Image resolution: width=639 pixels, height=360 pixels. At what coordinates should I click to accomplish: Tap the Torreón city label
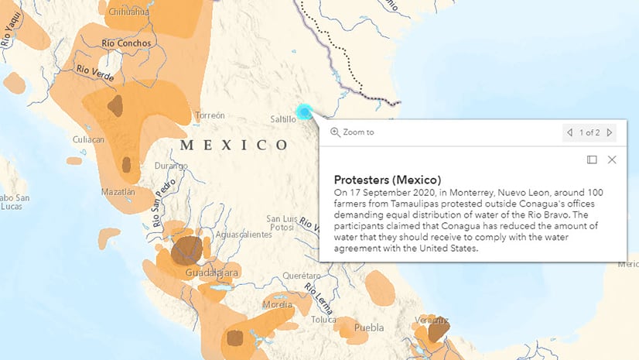pyautogui.click(x=210, y=115)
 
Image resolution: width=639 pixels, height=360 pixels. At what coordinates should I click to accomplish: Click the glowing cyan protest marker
pyautogui.click(x=305, y=112)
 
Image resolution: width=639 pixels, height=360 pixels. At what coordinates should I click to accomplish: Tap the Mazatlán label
pyautogui.click(x=118, y=191)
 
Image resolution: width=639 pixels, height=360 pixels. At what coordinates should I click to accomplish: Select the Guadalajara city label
pyautogui.click(x=211, y=273)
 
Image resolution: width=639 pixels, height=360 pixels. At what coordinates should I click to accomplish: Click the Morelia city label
pyautogui.click(x=277, y=304)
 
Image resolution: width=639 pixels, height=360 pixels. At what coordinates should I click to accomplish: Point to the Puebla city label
pyautogui.click(x=368, y=327)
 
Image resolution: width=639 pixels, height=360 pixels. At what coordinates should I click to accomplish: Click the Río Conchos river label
pyautogui.click(x=124, y=43)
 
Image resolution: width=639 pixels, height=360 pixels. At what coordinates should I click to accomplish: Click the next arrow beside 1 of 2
pyautogui.click(x=610, y=132)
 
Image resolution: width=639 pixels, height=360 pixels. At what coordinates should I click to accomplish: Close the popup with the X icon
pyautogui.click(x=612, y=159)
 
